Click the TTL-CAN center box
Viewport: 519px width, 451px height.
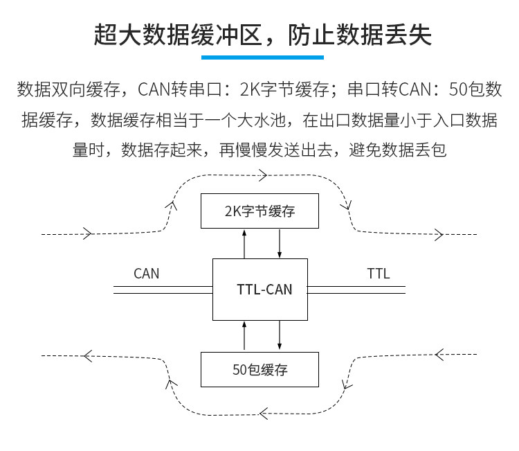point(259,290)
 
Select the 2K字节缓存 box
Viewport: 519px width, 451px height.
point(259,211)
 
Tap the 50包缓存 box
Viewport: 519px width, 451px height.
point(259,369)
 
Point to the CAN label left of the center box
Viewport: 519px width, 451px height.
point(146,273)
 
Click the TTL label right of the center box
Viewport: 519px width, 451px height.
point(378,273)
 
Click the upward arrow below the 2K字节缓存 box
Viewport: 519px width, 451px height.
point(244,243)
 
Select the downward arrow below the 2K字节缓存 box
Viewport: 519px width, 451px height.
point(280,243)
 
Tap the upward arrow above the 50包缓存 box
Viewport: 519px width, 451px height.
point(244,336)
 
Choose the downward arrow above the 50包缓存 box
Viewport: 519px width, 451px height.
point(280,336)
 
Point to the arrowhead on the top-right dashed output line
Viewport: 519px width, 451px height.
point(437,234)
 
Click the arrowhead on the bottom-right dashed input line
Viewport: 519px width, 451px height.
point(439,355)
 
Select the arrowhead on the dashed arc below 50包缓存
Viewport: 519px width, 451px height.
point(262,414)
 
